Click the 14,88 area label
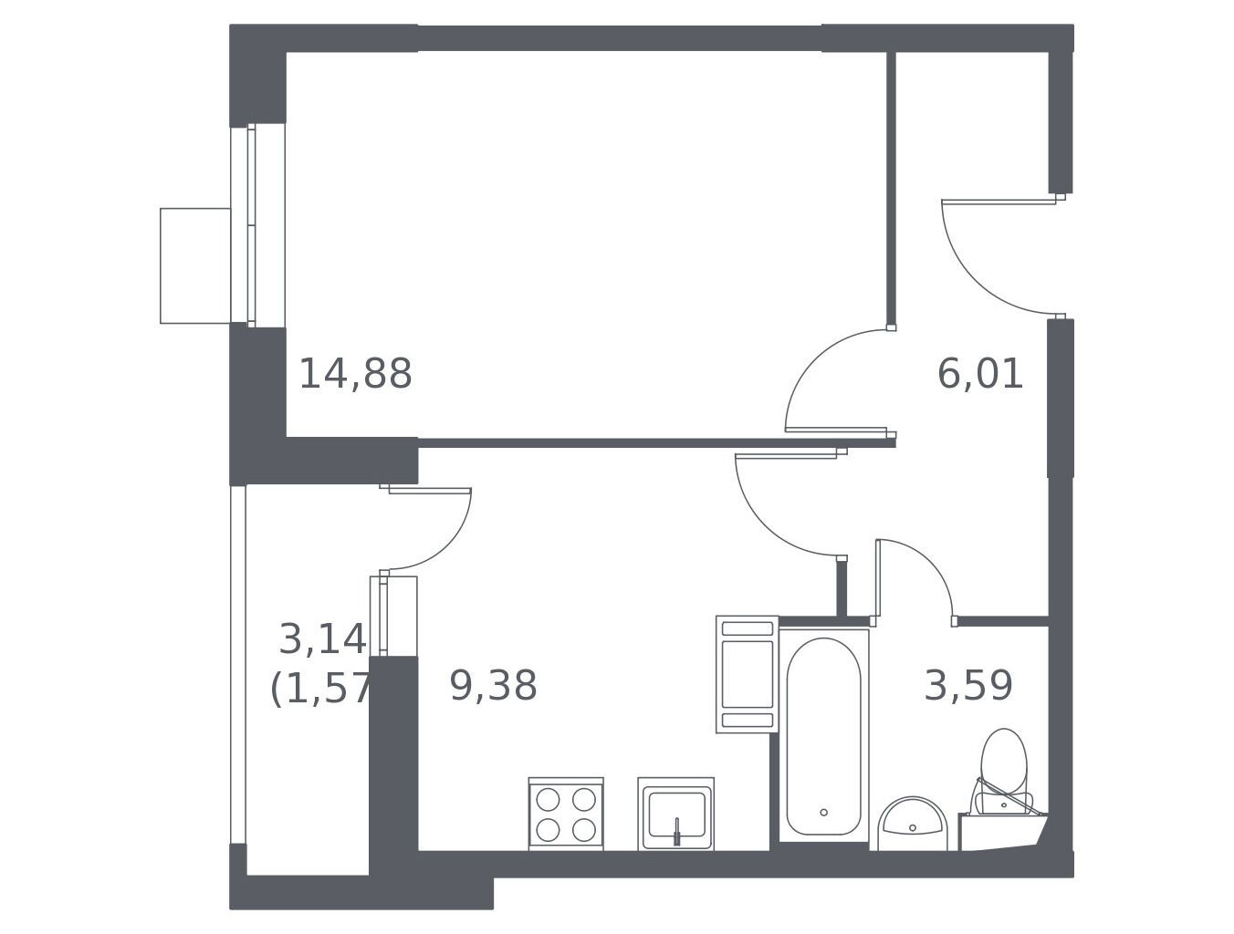click(x=355, y=374)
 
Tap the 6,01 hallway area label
click(x=979, y=374)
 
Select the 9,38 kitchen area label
click(x=493, y=686)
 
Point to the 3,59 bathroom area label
click(x=968, y=686)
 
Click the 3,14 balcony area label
click(x=323, y=639)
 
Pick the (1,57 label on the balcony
click(x=320, y=689)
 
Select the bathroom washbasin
click(x=912, y=821)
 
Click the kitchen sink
click(x=675, y=814)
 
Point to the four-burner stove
click(x=566, y=814)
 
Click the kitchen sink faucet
click(x=677, y=832)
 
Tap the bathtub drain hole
click(x=823, y=812)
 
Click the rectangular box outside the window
click(x=195, y=265)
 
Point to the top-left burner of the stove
click(x=548, y=800)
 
